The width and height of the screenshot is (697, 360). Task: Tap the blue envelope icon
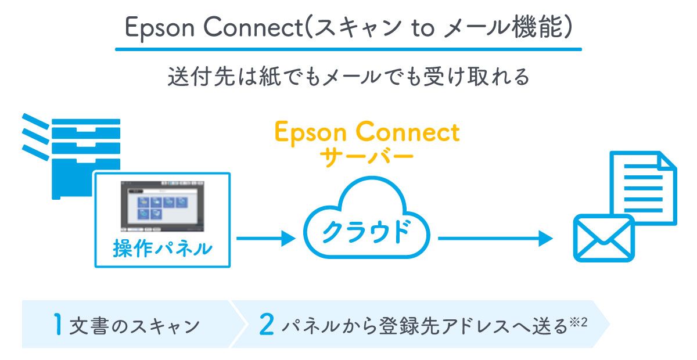(x=603, y=238)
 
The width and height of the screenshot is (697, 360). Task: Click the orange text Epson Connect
(x=367, y=133)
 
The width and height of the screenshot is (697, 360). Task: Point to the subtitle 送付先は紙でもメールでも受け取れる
(x=348, y=77)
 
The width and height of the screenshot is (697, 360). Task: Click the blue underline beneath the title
(x=348, y=49)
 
